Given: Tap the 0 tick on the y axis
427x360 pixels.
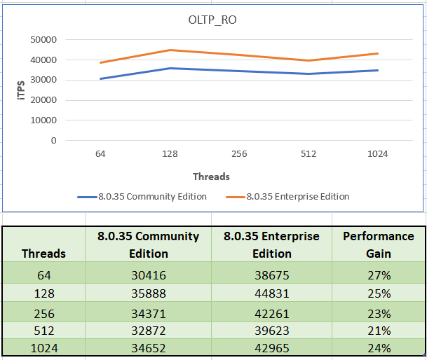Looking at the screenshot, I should [x=53, y=140].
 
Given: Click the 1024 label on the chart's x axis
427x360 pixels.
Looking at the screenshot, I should [x=377, y=154].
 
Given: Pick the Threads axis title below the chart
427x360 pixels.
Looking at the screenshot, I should [x=211, y=176].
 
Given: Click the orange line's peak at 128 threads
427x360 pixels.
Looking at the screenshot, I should [x=170, y=50].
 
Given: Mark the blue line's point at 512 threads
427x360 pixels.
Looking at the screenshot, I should [x=309, y=74].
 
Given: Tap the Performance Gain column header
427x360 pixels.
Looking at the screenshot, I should [x=378, y=244].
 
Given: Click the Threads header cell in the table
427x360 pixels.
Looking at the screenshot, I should [x=44, y=253].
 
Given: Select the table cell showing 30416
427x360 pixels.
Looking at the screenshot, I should [x=149, y=275].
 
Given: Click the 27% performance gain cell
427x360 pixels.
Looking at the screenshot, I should [x=379, y=275].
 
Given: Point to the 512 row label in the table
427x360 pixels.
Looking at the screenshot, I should [x=44, y=331].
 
